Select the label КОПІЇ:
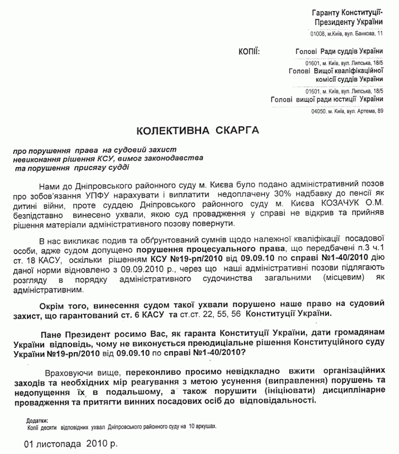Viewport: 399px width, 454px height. tap(249, 51)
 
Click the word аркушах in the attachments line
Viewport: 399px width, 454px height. tap(206, 426)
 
